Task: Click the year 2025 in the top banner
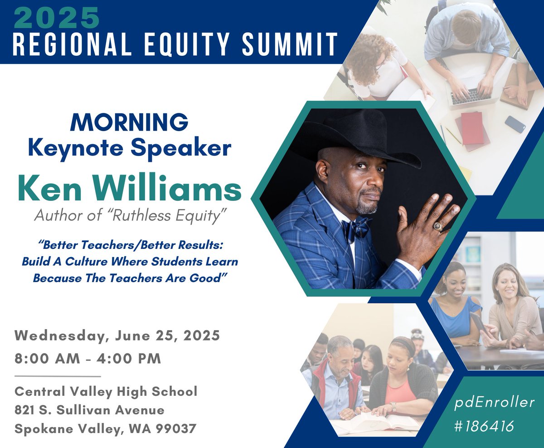point(57,17)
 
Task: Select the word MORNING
point(129,123)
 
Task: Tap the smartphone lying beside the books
point(515,124)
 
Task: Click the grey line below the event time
point(58,376)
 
